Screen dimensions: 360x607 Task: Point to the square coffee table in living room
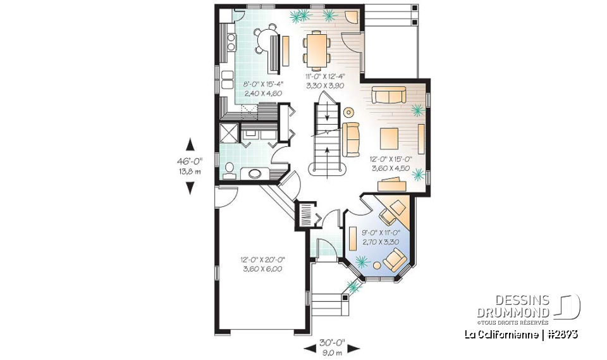tap(389, 137)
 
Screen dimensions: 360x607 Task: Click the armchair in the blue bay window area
tap(395, 259)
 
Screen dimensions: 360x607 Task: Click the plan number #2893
tap(561, 333)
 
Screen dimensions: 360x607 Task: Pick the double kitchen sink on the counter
tap(231, 42)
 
